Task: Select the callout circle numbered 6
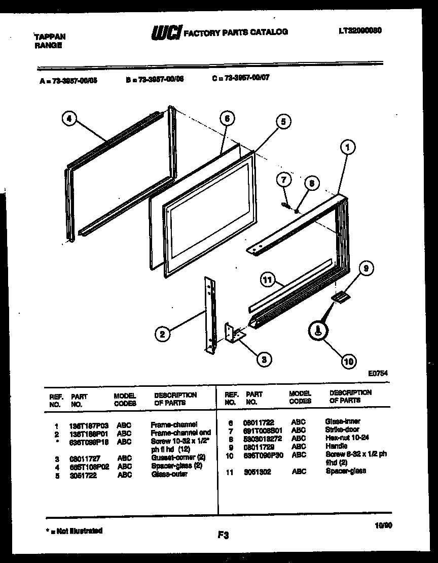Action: (228, 119)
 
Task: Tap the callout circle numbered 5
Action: (283, 121)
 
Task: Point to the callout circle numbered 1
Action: (347, 148)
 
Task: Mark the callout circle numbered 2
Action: (162, 334)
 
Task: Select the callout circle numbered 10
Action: (347, 361)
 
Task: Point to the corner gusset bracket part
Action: (234, 334)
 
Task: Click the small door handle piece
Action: (339, 297)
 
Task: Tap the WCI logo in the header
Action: (165, 32)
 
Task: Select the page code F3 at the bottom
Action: (224, 535)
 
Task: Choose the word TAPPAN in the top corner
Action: (49, 37)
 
